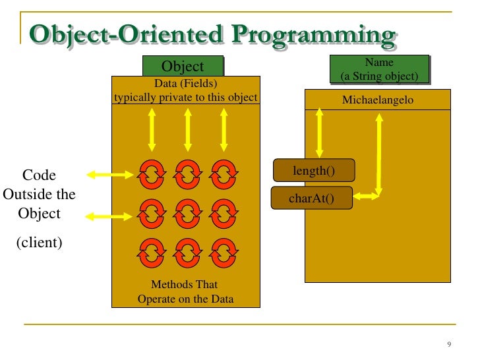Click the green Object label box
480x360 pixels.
183,66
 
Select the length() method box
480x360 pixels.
314,171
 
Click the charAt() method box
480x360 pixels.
311,198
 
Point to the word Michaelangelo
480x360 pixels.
377,100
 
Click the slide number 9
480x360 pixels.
449,345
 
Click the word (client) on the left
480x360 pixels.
39,242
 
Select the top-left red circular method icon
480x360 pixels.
152,174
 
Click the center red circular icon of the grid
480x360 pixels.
188,212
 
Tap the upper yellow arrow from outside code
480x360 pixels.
111,175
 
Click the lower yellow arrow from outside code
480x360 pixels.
111,214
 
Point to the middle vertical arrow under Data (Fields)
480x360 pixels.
188,130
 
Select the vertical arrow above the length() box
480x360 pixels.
320,133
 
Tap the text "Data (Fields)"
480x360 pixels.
185,84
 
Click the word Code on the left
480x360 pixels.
39,175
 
